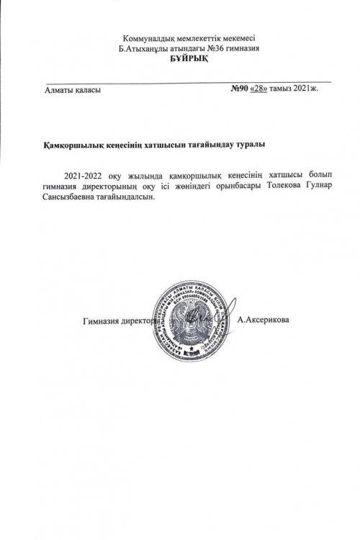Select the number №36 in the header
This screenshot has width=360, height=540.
[x=214, y=48]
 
